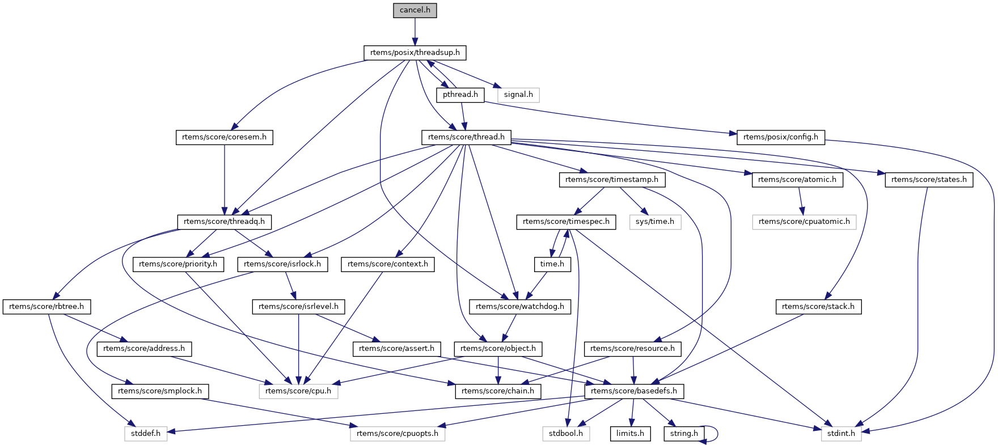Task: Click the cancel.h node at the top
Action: point(415,10)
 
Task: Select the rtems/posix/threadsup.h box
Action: point(415,53)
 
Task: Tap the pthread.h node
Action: point(460,95)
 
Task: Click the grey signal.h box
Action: point(518,95)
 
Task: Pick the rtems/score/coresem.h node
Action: point(224,137)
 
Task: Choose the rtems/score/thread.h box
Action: point(466,137)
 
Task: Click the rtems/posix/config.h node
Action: point(780,137)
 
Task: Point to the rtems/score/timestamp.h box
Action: point(611,180)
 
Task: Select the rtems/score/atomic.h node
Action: point(797,180)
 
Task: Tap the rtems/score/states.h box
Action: point(928,180)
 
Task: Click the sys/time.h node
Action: point(654,222)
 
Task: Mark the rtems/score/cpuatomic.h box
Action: point(804,222)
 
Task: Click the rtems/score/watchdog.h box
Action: point(520,307)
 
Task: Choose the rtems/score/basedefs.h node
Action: point(634,391)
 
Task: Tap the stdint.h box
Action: point(841,434)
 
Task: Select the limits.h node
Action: point(630,434)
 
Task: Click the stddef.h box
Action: point(146,434)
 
